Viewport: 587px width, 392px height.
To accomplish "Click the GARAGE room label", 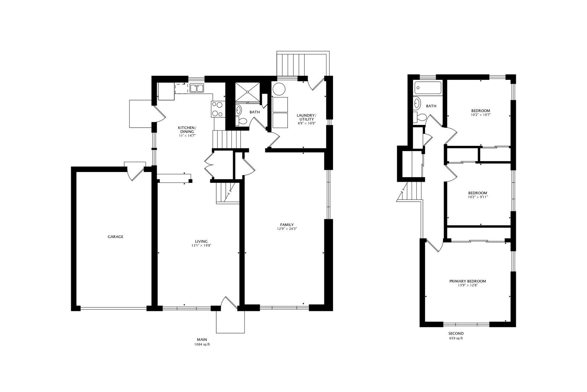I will (x=115, y=237).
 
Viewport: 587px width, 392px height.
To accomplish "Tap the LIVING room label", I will (x=201, y=241).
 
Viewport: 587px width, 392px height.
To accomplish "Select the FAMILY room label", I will (x=287, y=225).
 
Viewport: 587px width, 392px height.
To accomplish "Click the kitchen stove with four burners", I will (x=218, y=109).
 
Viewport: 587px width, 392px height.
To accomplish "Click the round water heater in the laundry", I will (x=279, y=89).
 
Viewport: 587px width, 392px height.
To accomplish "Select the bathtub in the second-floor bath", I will (x=428, y=88).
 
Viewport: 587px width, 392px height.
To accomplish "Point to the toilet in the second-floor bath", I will (x=421, y=117).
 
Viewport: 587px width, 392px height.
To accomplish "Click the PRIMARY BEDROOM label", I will (x=467, y=281).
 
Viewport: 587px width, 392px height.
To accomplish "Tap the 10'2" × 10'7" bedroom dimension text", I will (x=480, y=115).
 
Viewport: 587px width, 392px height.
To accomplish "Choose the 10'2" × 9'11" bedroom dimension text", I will (x=478, y=197).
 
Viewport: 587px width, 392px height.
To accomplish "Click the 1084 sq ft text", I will (x=202, y=344).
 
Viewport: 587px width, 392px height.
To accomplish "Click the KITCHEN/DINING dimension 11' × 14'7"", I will (x=187, y=136).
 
